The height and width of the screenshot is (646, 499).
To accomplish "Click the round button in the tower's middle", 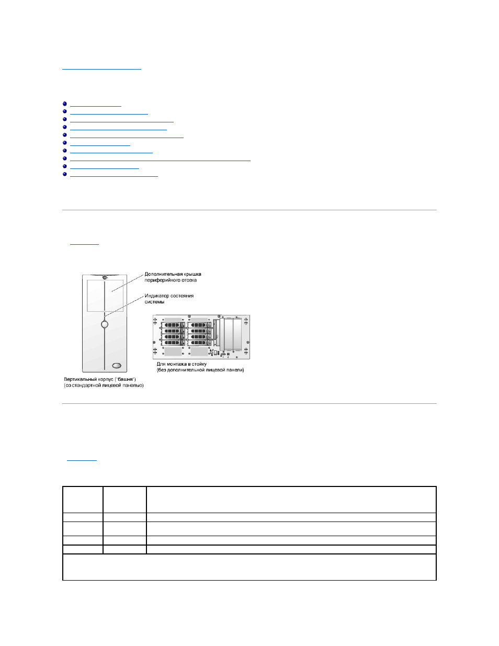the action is (105, 324).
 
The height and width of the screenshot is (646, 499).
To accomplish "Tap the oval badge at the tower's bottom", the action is (117, 365).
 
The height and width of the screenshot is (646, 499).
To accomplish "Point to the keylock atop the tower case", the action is (105, 277).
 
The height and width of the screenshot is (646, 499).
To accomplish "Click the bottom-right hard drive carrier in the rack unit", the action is (199, 343).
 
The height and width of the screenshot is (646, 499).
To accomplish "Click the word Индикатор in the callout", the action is (156, 296).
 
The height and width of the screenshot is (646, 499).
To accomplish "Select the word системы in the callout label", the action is (154, 302).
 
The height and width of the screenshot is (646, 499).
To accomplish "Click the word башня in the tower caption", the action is (126, 379).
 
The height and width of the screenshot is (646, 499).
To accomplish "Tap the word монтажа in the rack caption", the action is (177, 364).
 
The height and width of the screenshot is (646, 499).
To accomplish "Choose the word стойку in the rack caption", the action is (199, 364).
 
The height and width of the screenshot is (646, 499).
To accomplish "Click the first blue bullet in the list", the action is (65, 104).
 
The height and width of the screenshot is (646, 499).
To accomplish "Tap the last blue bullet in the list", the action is (65, 174).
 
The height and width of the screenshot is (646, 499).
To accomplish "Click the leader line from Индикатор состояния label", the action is (124, 306).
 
